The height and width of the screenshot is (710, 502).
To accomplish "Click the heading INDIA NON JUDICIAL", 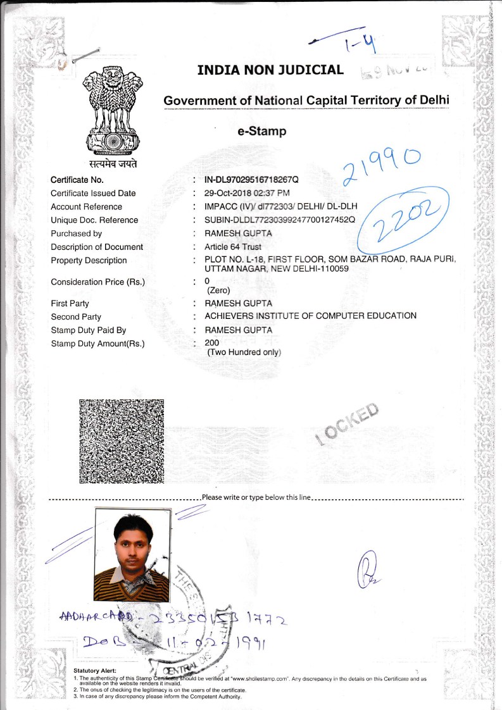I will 270,70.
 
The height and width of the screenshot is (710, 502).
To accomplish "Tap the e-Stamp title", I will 262,132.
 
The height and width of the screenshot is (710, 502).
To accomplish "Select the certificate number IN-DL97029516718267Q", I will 251,180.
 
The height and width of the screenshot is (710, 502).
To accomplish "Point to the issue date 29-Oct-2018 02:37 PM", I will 247,194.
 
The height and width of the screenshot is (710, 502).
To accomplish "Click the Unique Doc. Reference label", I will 94,220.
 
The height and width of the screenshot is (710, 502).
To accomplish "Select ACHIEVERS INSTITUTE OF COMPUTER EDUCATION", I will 310,316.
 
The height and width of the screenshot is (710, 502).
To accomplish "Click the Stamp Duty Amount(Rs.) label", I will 97,344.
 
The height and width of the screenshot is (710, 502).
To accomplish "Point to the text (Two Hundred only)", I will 244,352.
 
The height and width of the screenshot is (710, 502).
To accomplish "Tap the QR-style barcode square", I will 122,442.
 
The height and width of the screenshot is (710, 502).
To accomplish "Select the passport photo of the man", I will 132,556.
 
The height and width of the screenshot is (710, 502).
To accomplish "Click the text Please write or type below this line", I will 256,497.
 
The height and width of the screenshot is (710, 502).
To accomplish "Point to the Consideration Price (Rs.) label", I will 97,282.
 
